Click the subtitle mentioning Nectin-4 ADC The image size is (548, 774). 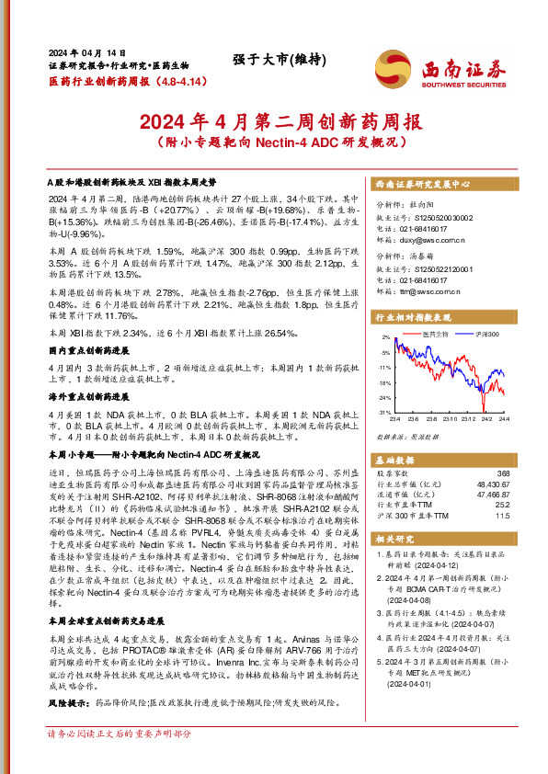(x=274, y=143)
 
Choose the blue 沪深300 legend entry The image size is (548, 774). (x=485, y=333)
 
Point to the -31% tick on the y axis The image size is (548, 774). (x=384, y=413)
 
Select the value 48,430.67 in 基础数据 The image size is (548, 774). (x=492, y=483)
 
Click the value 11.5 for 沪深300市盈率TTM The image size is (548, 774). (x=502, y=515)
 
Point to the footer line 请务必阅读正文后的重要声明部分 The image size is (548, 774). (x=120, y=759)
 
